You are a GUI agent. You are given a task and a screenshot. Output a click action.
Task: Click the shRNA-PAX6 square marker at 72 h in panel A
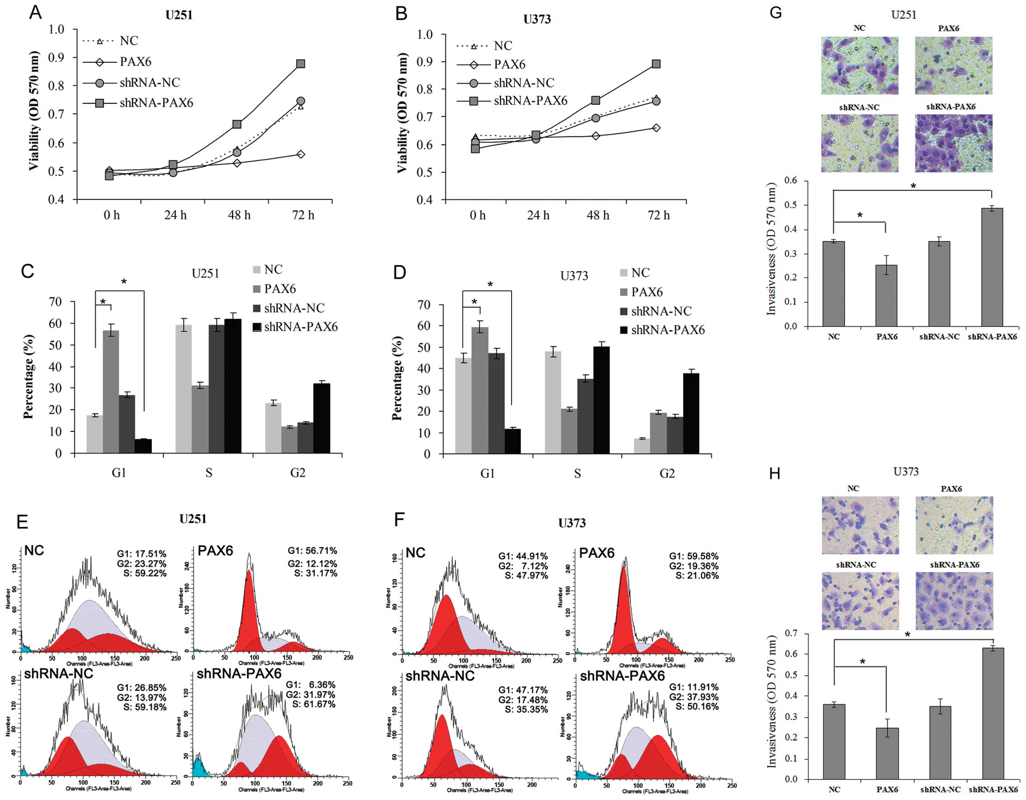pos(301,63)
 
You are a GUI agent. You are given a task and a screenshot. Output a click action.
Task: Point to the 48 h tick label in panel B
pos(598,215)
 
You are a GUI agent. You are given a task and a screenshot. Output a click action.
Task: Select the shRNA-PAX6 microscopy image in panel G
pos(953,143)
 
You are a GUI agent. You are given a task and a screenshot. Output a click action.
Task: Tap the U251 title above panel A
pos(179,15)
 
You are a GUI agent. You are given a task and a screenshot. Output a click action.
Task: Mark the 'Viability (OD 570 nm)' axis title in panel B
pos(402,113)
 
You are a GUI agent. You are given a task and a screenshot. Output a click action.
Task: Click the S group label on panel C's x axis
pos(209,473)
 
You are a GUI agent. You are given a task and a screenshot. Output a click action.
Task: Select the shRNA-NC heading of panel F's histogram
pos(440,676)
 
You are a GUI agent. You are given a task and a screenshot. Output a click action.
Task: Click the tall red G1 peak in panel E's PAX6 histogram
pos(249,610)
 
